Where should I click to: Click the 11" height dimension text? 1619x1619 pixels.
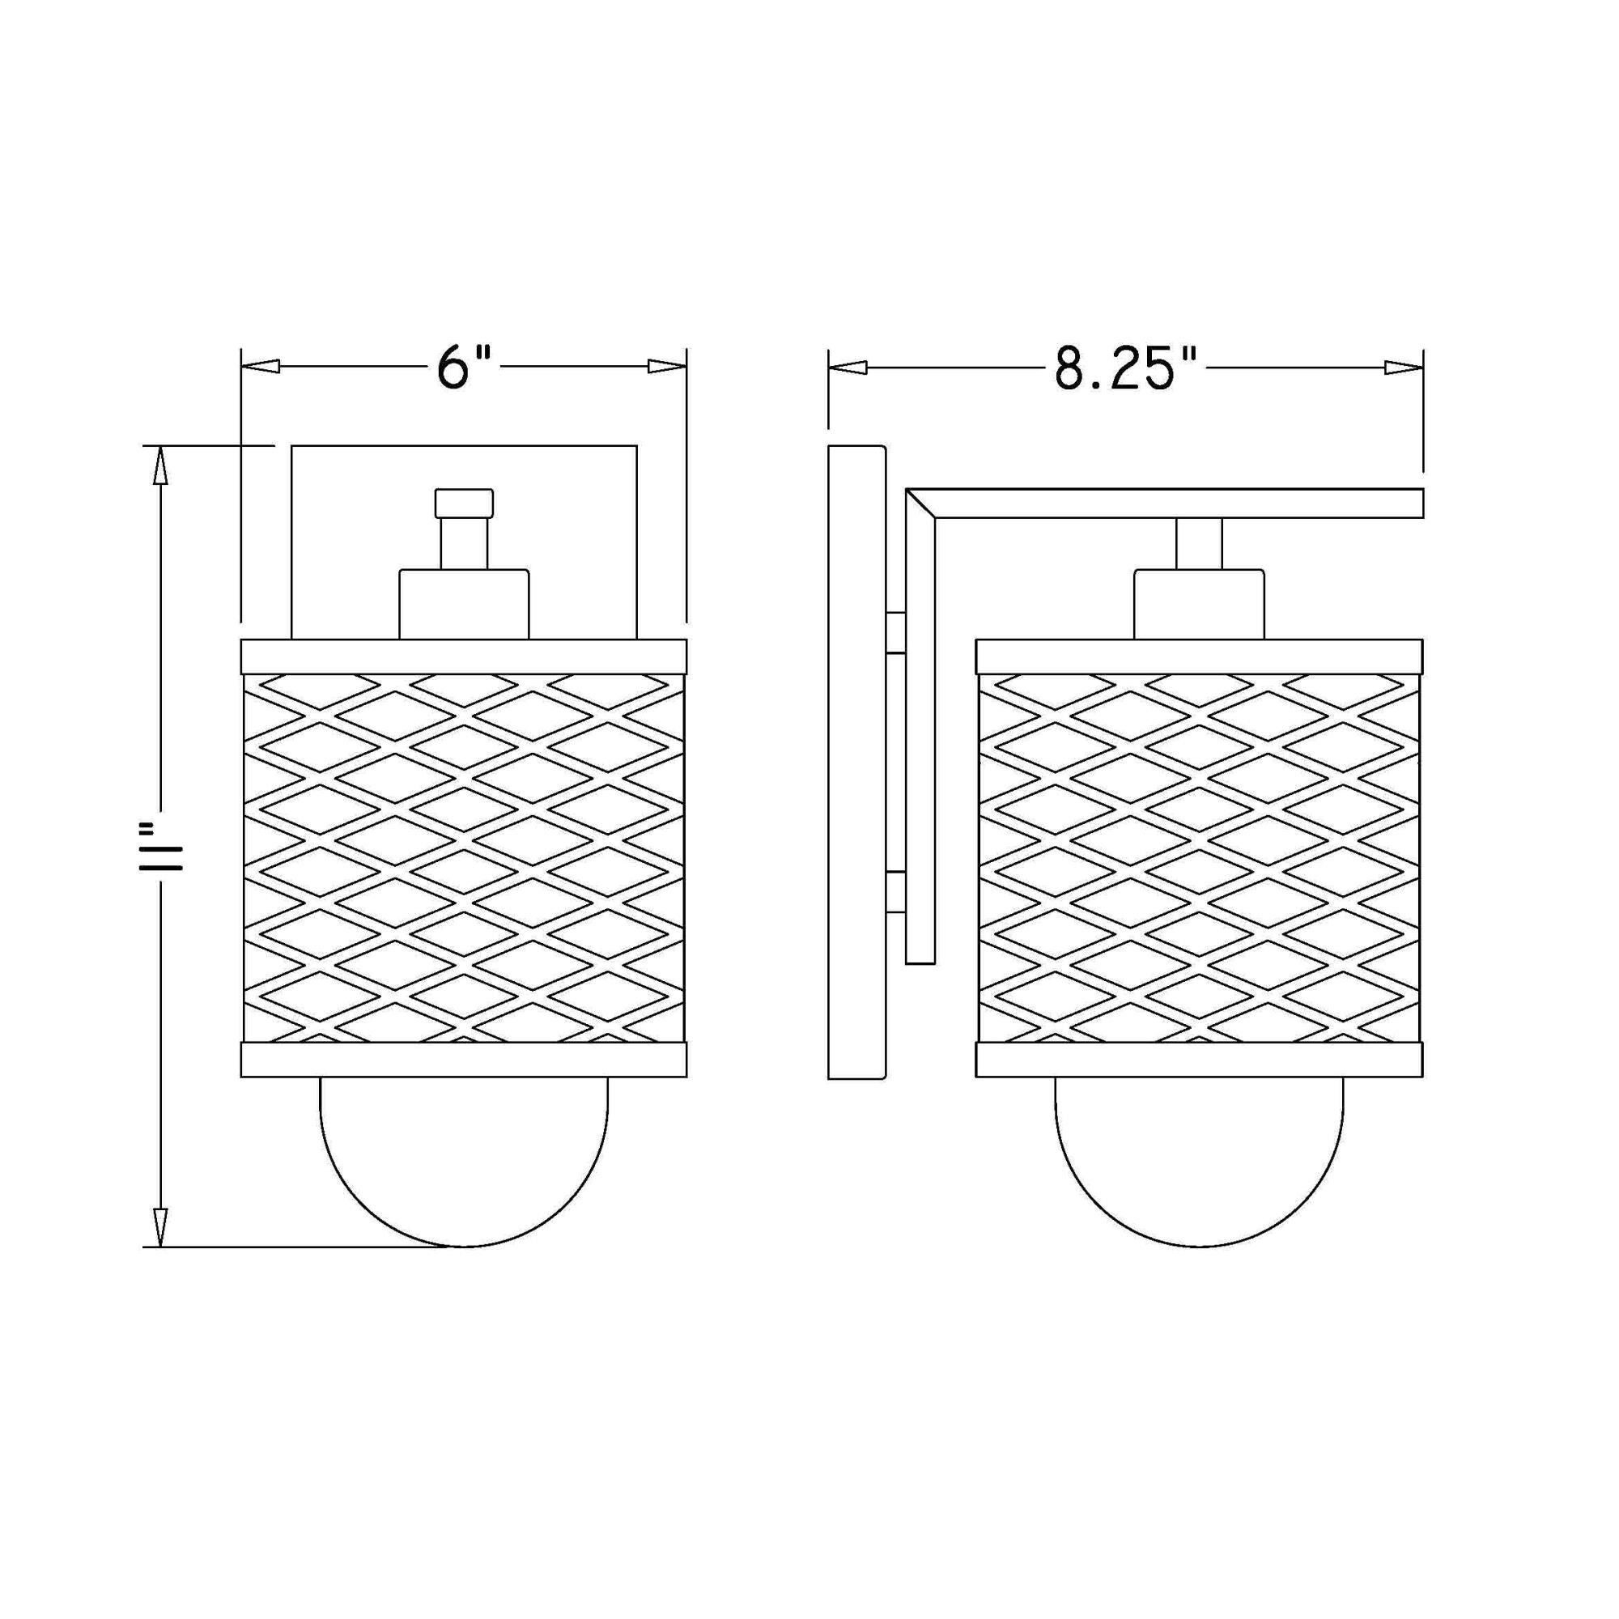(161, 847)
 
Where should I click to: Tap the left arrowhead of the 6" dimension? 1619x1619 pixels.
(260, 367)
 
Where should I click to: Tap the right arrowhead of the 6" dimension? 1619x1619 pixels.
(667, 367)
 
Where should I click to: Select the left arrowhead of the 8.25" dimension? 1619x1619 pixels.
(848, 367)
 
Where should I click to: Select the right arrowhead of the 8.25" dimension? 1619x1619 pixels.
(1404, 367)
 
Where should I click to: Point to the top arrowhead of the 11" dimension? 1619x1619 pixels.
(160, 466)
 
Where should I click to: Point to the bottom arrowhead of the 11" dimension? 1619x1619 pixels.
(160, 1227)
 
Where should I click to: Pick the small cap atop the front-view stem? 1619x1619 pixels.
(463, 503)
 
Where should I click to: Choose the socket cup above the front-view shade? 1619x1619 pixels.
(463, 604)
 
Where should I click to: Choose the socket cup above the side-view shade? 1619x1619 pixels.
(1198, 604)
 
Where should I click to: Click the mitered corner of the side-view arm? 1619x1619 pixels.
(920, 504)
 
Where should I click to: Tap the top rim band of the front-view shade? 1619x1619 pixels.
(463, 657)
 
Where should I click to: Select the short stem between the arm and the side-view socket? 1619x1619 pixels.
(1198, 543)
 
